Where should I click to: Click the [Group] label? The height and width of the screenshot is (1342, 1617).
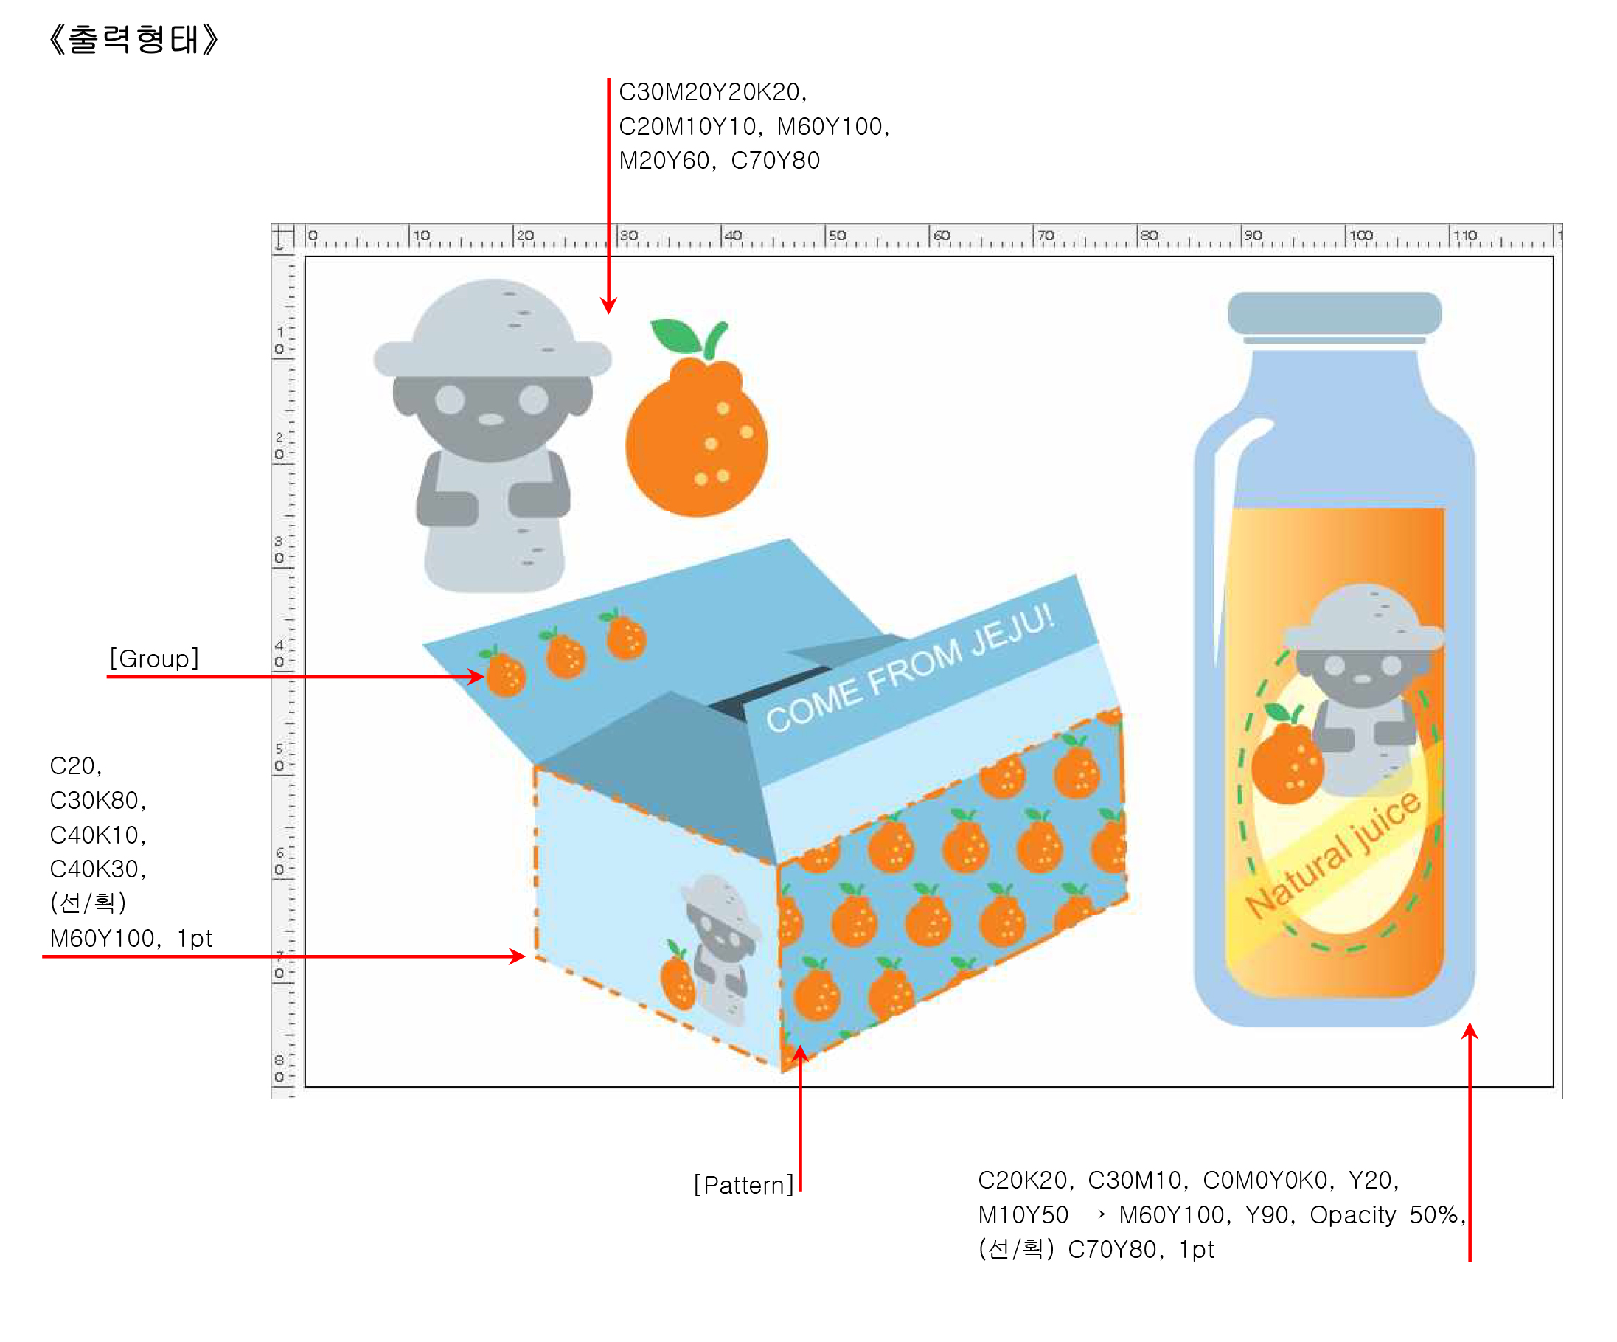pos(154,659)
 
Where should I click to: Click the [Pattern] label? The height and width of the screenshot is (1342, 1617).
pos(743,1185)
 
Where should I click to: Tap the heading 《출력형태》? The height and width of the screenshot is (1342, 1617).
pos(134,39)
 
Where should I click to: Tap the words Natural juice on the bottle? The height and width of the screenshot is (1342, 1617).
pos(1333,855)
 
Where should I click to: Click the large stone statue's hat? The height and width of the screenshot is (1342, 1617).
pos(493,331)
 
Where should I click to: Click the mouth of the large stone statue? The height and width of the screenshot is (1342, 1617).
pos(491,420)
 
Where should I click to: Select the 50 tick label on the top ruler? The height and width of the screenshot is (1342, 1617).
pos(837,234)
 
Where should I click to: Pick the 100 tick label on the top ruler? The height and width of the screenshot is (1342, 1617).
pos(1360,234)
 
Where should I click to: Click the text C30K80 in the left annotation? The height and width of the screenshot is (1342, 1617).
pos(97,801)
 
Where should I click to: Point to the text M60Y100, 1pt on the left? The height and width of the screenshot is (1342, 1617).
pos(131,939)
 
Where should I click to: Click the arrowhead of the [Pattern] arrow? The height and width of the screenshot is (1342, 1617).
pos(801,1052)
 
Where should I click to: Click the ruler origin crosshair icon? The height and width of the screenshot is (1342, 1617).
pos(282,237)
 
